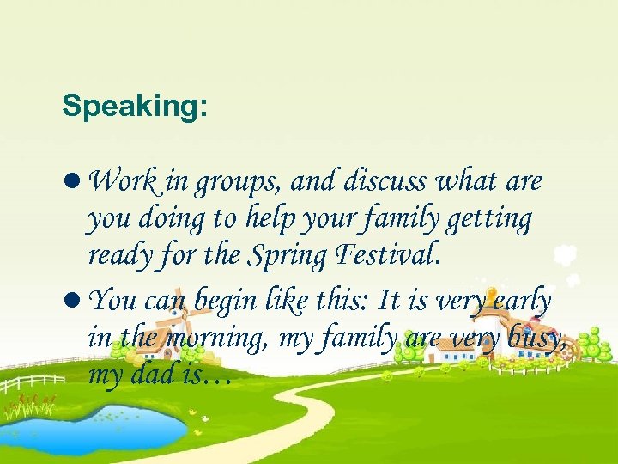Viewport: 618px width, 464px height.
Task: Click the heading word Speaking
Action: (134, 107)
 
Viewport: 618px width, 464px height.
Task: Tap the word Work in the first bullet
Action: (122, 181)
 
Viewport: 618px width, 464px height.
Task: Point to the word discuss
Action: (385, 181)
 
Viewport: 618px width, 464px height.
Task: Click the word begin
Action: (229, 301)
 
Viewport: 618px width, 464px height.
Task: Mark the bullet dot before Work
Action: (74, 183)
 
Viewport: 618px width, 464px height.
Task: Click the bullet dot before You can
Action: (74, 300)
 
